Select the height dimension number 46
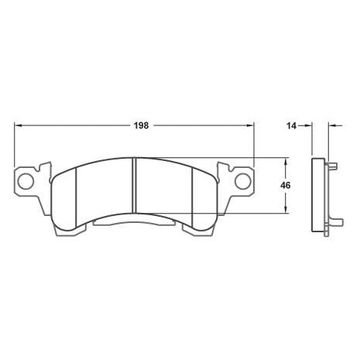(x=286, y=186)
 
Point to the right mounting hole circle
(x=242, y=182)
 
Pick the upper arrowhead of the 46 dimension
(x=286, y=163)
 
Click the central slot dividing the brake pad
(x=135, y=187)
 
